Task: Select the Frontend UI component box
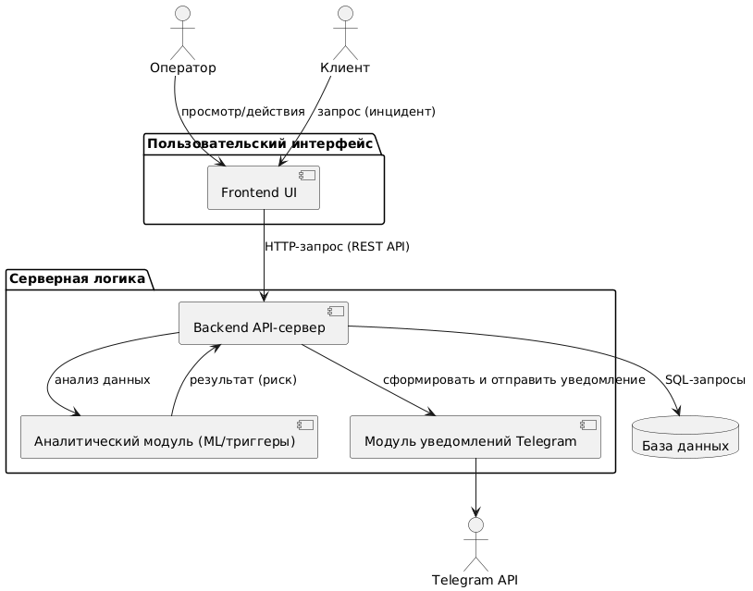[264, 189]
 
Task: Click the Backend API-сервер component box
[263, 324]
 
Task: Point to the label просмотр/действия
[243, 112]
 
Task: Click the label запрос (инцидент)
[376, 112]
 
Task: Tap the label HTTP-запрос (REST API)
[337, 247]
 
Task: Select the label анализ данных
[103, 380]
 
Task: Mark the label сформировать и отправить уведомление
[514, 380]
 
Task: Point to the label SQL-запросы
[705, 380]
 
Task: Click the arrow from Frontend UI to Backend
[264, 268]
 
